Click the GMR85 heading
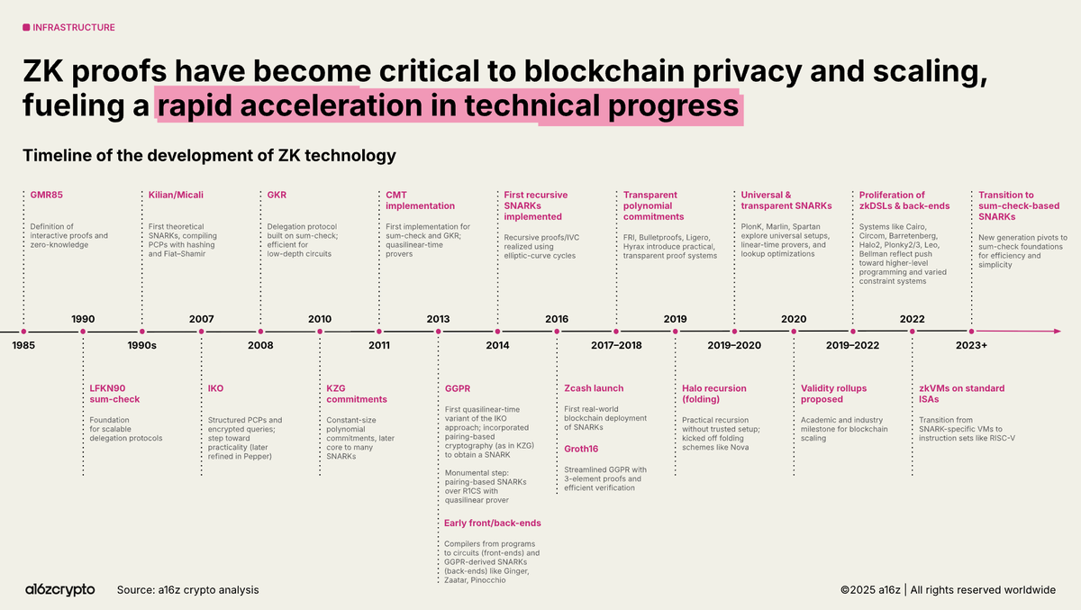point(46,195)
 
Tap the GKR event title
point(277,195)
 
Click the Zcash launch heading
point(594,388)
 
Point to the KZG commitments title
point(357,394)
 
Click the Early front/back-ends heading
point(493,523)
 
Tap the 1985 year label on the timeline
point(24,345)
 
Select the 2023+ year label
point(971,345)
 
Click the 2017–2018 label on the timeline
point(616,345)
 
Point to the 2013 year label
point(438,319)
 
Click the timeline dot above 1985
point(24,332)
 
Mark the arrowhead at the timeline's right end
point(1056,332)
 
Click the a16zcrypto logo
point(59,589)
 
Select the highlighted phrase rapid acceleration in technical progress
point(448,106)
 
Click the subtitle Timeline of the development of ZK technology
point(209,155)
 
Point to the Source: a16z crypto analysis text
point(187,589)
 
